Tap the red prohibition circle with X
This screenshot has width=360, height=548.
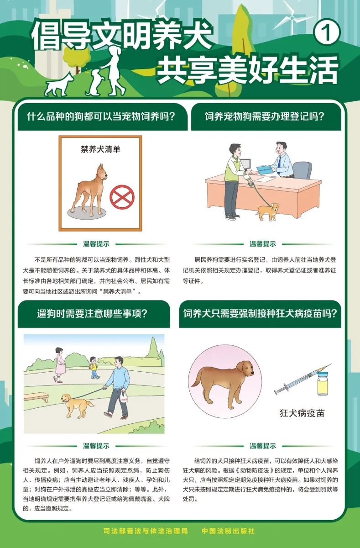[122, 197]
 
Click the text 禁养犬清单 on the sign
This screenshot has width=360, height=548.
[100, 149]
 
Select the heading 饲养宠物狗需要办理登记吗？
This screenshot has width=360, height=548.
[265, 116]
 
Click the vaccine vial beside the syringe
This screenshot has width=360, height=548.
[323, 384]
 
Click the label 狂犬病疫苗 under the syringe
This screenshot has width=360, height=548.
[302, 414]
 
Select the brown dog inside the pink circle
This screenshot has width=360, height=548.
[220, 378]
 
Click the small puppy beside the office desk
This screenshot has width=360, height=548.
[268, 211]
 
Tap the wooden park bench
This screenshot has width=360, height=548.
[36, 396]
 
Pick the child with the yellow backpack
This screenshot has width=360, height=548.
[94, 367]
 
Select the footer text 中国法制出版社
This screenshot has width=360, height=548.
[228, 531]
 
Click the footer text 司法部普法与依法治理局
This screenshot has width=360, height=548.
[146, 531]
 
